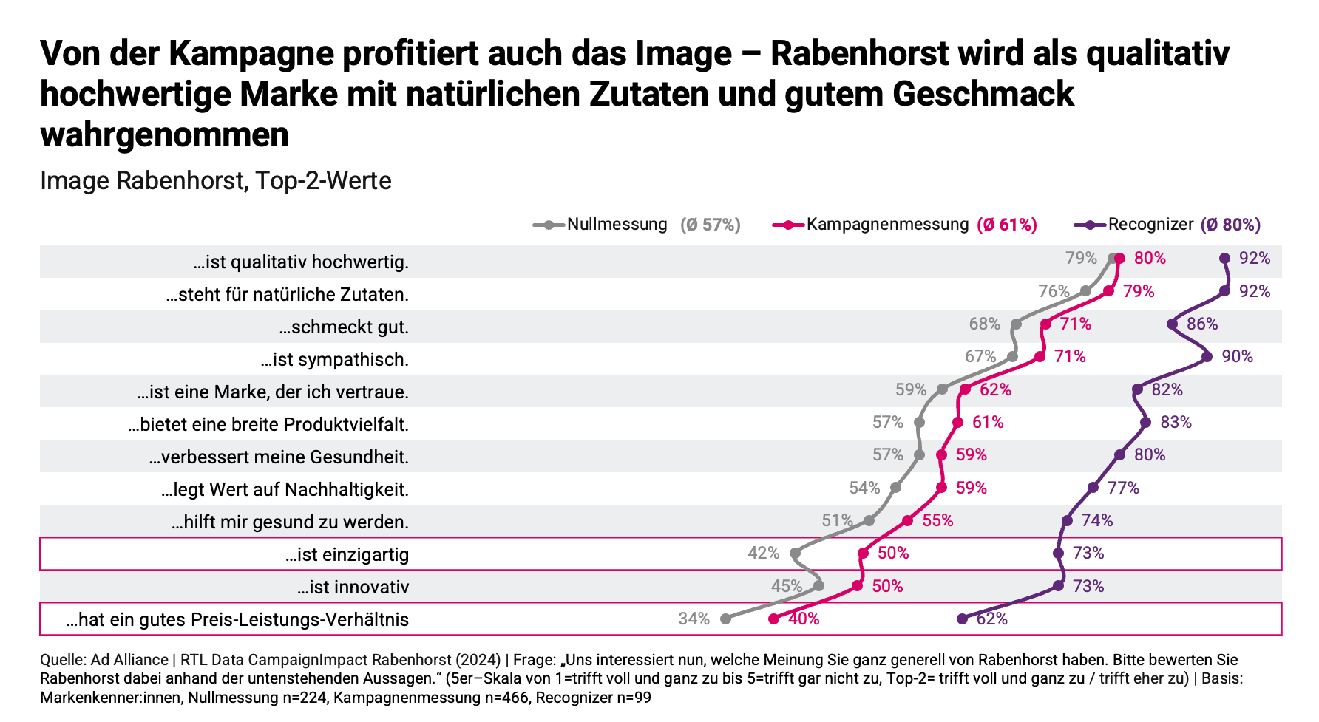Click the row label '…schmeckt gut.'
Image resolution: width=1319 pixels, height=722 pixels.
(344, 327)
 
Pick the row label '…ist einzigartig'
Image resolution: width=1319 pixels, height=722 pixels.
(347, 554)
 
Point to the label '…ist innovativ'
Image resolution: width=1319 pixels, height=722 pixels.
(353, 588)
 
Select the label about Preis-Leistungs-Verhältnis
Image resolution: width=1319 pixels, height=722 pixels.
(237, 619)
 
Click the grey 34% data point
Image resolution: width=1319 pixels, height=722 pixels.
(725, 619)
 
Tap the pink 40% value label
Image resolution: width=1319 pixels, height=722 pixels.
(804, 619)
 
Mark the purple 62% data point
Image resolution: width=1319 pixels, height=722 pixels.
(962, 619)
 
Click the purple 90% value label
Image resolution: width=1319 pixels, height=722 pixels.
(1237, 357)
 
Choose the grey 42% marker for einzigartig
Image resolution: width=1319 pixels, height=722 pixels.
(795, 554)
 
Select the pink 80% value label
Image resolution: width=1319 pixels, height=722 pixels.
(1150, 258)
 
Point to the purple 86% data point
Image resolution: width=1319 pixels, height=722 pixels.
(1172, 324)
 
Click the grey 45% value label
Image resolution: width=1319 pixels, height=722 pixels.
(786, 586)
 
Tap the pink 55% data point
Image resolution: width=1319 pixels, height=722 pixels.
(907, 521)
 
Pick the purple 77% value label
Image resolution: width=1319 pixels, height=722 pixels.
(1123, 488)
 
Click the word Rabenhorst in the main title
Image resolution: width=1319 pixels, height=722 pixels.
(859, 53)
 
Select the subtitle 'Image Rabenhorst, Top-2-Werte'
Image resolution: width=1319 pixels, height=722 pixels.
(215, 181)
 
